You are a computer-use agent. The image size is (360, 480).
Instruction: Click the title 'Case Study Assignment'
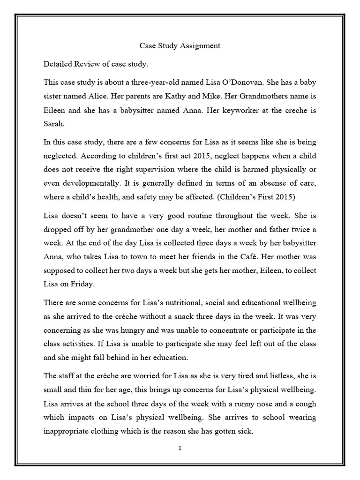coord(180,46)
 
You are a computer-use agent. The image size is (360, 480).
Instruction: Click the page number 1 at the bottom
coord(180,448)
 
